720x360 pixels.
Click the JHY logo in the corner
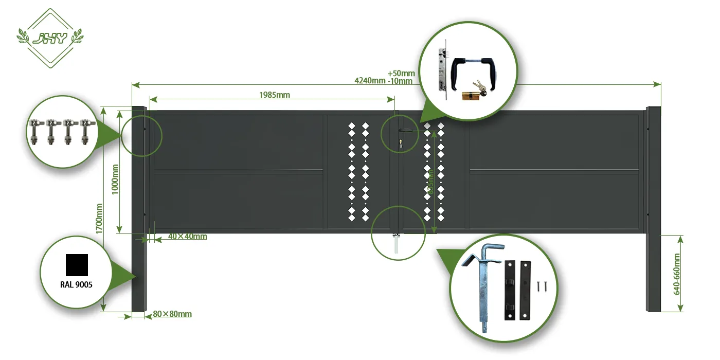(x=50, y=38)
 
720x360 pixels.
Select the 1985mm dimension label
(x=274, y=95)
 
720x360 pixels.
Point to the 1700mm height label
(x=99, y=218)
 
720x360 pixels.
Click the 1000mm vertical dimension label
(x=115, y=178)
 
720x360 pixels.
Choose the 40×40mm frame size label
(x=188, y=237)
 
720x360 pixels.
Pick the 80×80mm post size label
(x=172, y=314)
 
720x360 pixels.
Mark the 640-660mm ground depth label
(x=677, y=274)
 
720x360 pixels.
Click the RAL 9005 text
(x=76, y=284)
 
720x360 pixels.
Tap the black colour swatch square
(x=77, y=265)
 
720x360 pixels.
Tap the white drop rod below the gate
(x=395, y=244)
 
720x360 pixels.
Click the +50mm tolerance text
(x=401, y=74)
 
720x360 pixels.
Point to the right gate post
(x=654, y=208)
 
